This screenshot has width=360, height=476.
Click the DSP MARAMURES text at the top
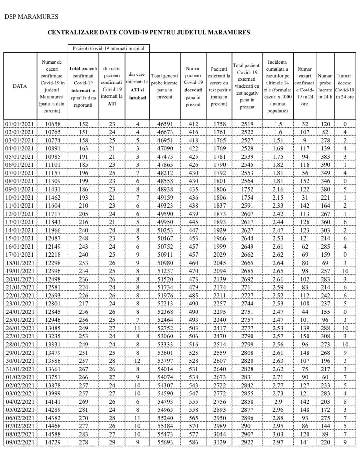[31, 17]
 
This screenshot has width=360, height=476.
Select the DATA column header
[20, 86]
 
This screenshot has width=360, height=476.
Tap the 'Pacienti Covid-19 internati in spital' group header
[108, 48]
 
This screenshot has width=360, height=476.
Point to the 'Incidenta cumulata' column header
[277, 86]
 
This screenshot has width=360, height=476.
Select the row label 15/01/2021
[20, 238]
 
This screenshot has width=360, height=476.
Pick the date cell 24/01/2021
[20, 312]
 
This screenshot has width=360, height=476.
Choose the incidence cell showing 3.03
[277, 434]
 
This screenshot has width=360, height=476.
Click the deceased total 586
[193, 442]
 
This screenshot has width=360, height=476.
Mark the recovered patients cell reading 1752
[247, 189]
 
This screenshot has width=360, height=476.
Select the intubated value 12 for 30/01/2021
[137, 361]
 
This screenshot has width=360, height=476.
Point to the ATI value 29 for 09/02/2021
[112, 442]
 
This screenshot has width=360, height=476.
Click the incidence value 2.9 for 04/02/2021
[277, 401]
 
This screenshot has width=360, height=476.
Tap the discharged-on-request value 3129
[219, 442]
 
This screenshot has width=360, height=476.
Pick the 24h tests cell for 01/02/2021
[325, 377]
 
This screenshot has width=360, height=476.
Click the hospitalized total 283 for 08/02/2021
[83, 434]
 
